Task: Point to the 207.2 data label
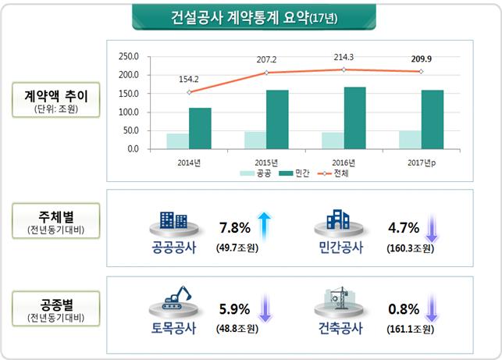[x=265, y=59]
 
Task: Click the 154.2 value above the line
[x=190, y=79]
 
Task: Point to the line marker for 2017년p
[x=421, y=72]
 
